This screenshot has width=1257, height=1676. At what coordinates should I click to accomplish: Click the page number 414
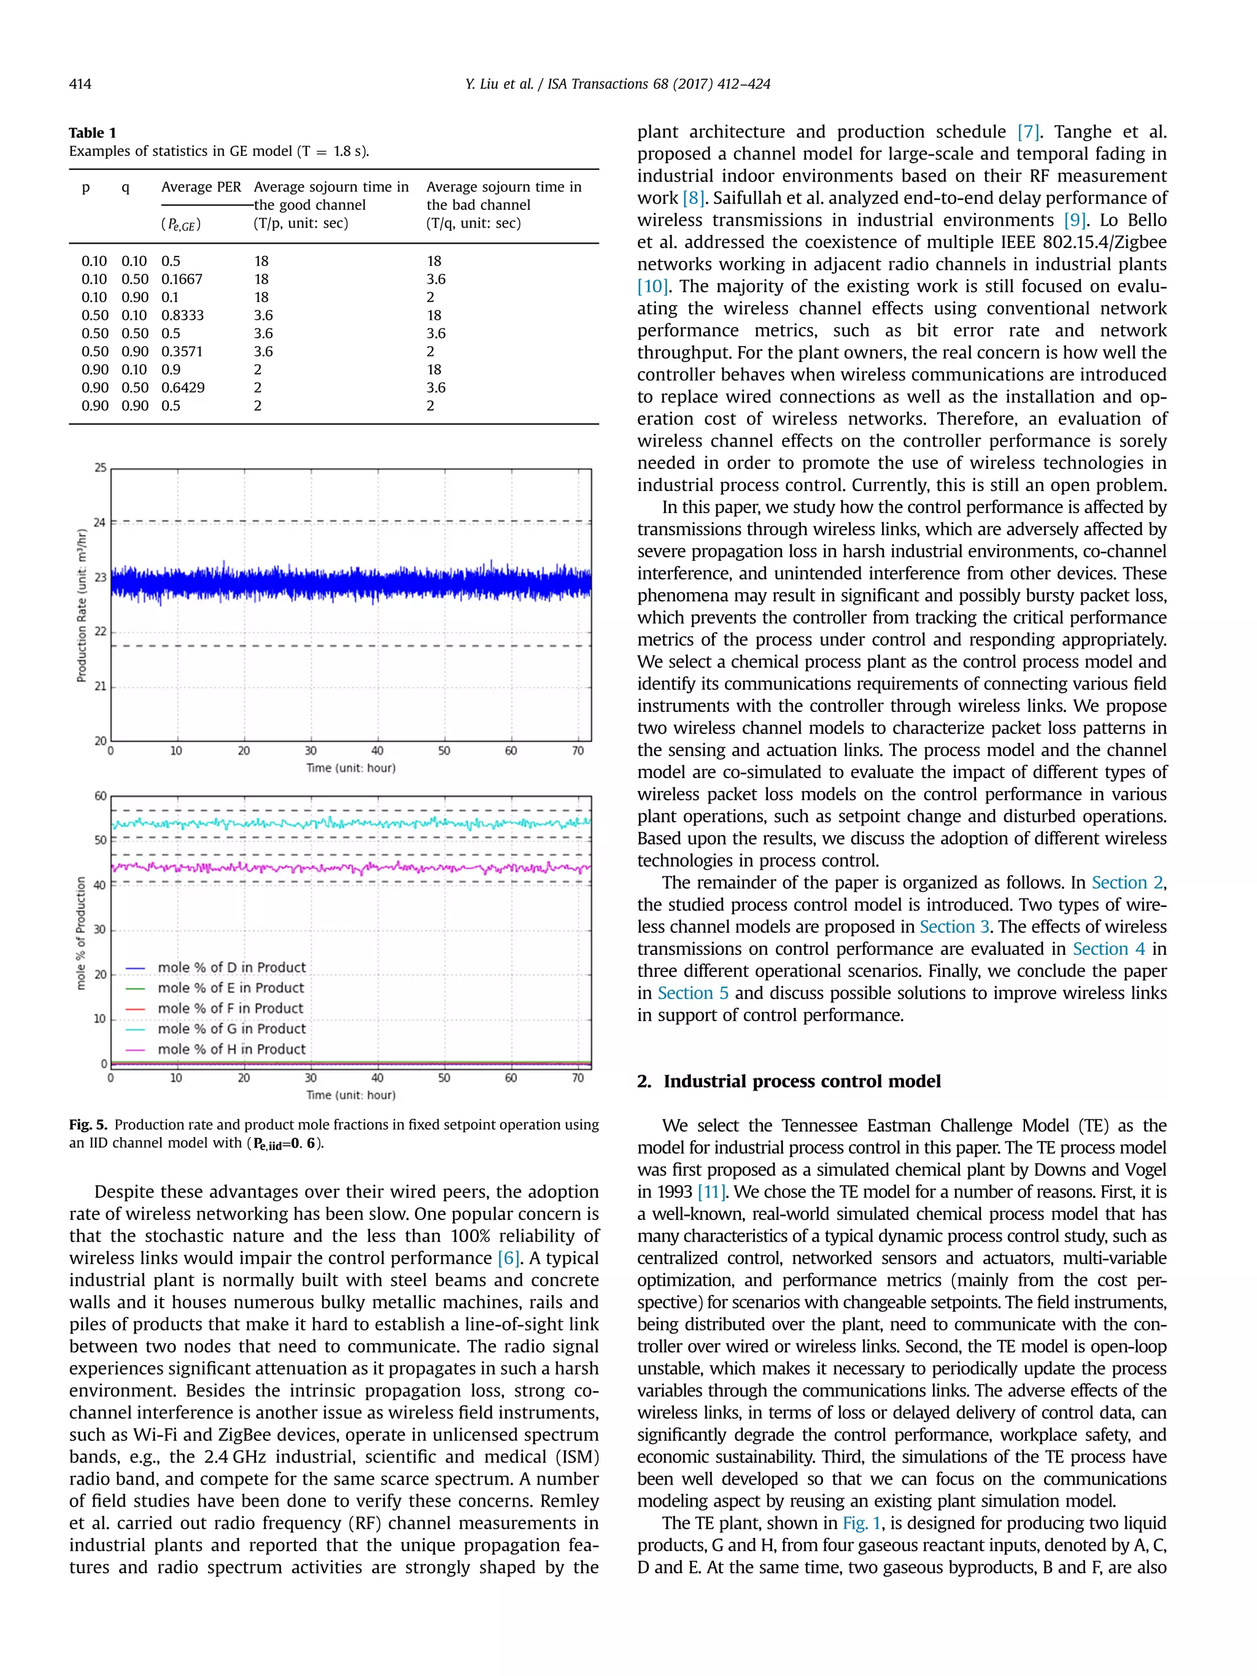80,84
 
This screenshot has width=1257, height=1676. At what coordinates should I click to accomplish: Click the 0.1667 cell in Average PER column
181,279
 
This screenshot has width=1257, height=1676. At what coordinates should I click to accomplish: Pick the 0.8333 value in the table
182,315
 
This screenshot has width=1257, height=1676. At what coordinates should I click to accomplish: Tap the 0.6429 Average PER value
182,387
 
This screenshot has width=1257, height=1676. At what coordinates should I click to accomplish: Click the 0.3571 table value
182,352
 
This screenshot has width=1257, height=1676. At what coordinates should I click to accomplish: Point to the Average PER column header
201,187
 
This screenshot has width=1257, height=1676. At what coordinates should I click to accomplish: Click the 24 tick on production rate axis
100,522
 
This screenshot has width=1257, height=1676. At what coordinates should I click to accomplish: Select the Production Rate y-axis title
82,604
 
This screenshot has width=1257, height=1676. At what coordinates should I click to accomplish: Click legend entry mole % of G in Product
231,1029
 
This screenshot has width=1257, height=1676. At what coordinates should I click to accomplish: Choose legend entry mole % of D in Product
231,968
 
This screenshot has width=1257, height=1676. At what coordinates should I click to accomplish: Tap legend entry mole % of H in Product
231,1049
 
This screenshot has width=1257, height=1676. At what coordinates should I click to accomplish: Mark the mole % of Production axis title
81,933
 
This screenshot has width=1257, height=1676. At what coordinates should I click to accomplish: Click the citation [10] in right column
652,287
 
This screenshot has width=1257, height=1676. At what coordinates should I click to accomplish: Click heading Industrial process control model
802,1081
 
